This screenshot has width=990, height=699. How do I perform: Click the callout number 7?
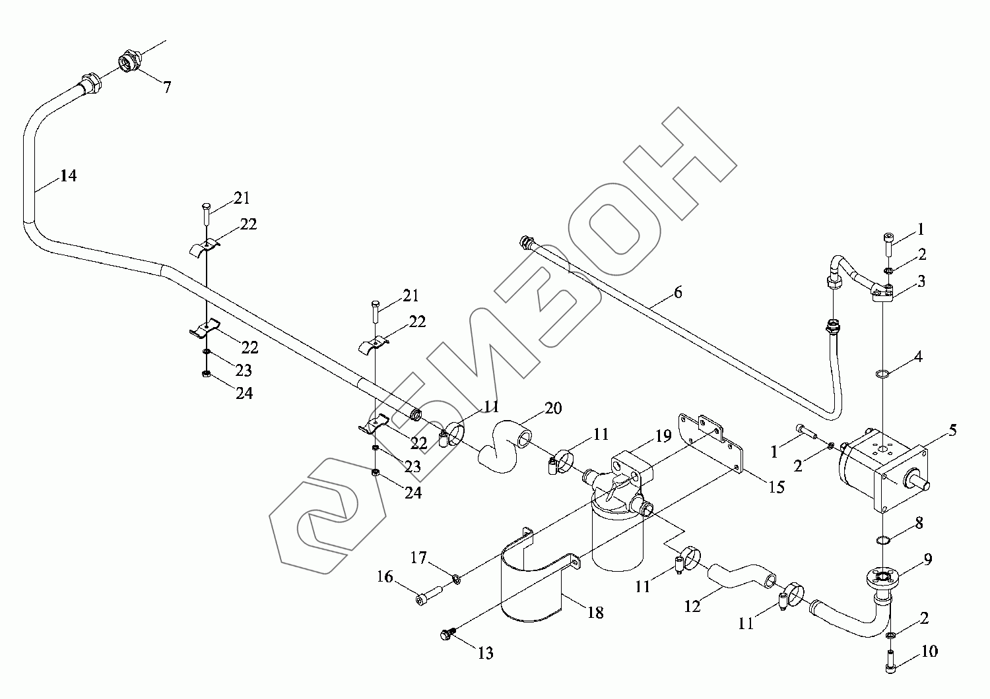(167, 87)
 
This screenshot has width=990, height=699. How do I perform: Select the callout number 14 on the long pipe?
(68, 176)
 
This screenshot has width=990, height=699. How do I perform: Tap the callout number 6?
(678, 292)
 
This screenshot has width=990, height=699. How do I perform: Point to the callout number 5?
(952, 431)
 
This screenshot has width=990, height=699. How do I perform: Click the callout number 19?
(663, 435)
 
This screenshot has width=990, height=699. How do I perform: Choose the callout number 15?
(776, 487)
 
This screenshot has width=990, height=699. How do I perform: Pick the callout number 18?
(595, 613)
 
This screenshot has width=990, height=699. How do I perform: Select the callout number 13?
(485, 653)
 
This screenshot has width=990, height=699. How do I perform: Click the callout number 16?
(385, 578)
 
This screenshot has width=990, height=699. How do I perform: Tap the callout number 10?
(929, 652)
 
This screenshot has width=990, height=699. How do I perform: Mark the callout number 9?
(927, 560)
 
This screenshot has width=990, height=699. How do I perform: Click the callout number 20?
(553, 408)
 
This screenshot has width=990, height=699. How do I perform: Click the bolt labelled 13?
(445, 634)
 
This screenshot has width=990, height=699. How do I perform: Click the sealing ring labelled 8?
(882, 541)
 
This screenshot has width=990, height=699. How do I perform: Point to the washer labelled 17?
(456, 579)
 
